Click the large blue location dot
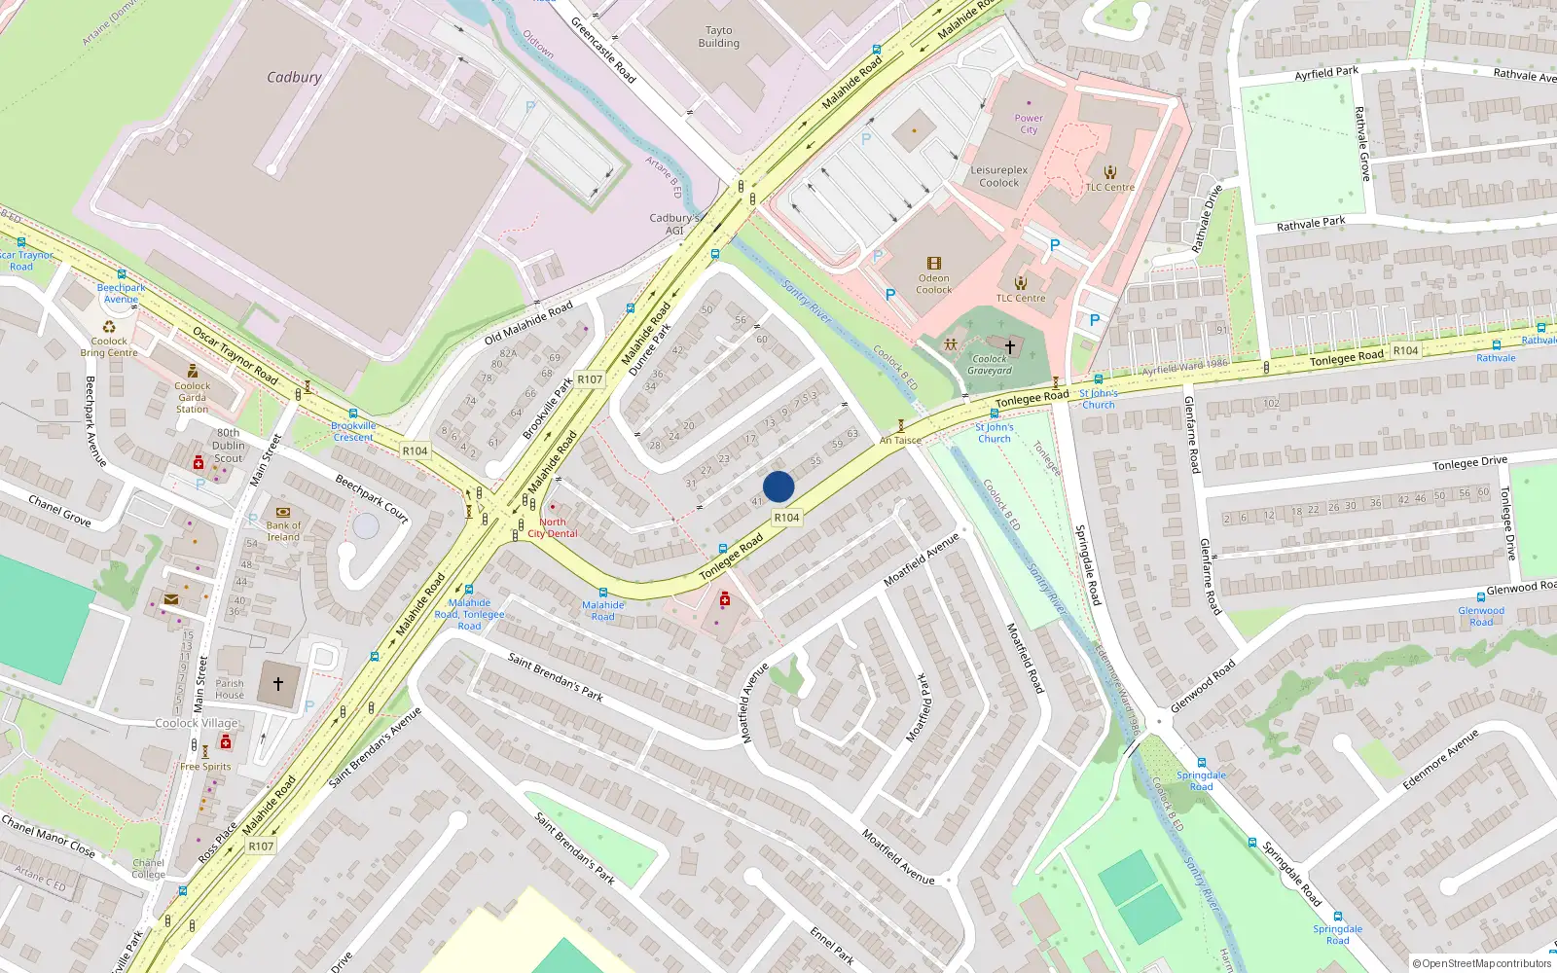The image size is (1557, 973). coord(778,486)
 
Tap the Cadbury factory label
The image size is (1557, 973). coord(294,77)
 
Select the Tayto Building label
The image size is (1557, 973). coord(718,37)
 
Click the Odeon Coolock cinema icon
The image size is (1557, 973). coord(934,263)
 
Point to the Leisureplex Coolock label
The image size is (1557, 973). coord(999,176)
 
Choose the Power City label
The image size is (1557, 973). coord(1029,124)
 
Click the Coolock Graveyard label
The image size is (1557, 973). coord(990,365)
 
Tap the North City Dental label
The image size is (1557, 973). coord(553,527)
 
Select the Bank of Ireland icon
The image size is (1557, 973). coord(283,512)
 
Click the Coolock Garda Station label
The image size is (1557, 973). coord(193,397)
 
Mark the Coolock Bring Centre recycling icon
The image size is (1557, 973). coord(109,327)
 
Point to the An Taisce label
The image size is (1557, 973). coord(900,440)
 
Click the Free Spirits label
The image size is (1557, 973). coord(205,767)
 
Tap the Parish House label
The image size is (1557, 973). coord(230,689)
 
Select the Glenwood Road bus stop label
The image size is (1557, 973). coord(1481,616)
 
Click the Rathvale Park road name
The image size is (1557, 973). coord(1311,224)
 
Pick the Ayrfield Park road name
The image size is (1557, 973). coord(1326,73)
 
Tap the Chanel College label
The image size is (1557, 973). coord(148,869)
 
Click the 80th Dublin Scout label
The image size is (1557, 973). coord(229,446)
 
